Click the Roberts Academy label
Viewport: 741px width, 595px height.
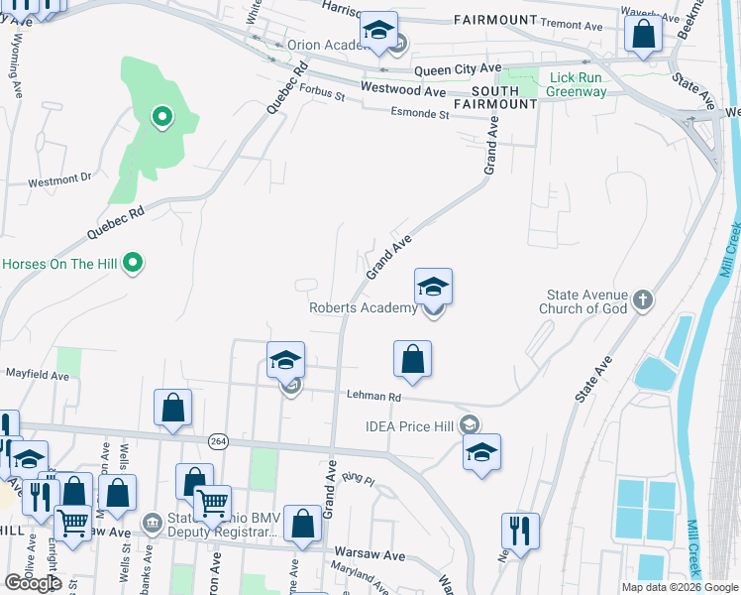coord(363,308)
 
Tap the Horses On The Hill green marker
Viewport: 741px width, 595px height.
coord(136,264)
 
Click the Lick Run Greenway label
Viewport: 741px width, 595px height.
coord(578,84)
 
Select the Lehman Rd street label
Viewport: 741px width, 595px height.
coord(373,396)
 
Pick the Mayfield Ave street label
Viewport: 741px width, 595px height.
coord(38,376)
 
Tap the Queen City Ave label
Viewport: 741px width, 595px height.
coord(458,69)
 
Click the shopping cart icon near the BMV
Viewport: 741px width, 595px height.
coord(213,504)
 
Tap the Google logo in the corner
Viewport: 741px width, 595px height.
coord(33,583)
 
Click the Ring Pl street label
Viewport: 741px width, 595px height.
coord(358,479)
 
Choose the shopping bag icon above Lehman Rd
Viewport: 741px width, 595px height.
coord(413,359)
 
